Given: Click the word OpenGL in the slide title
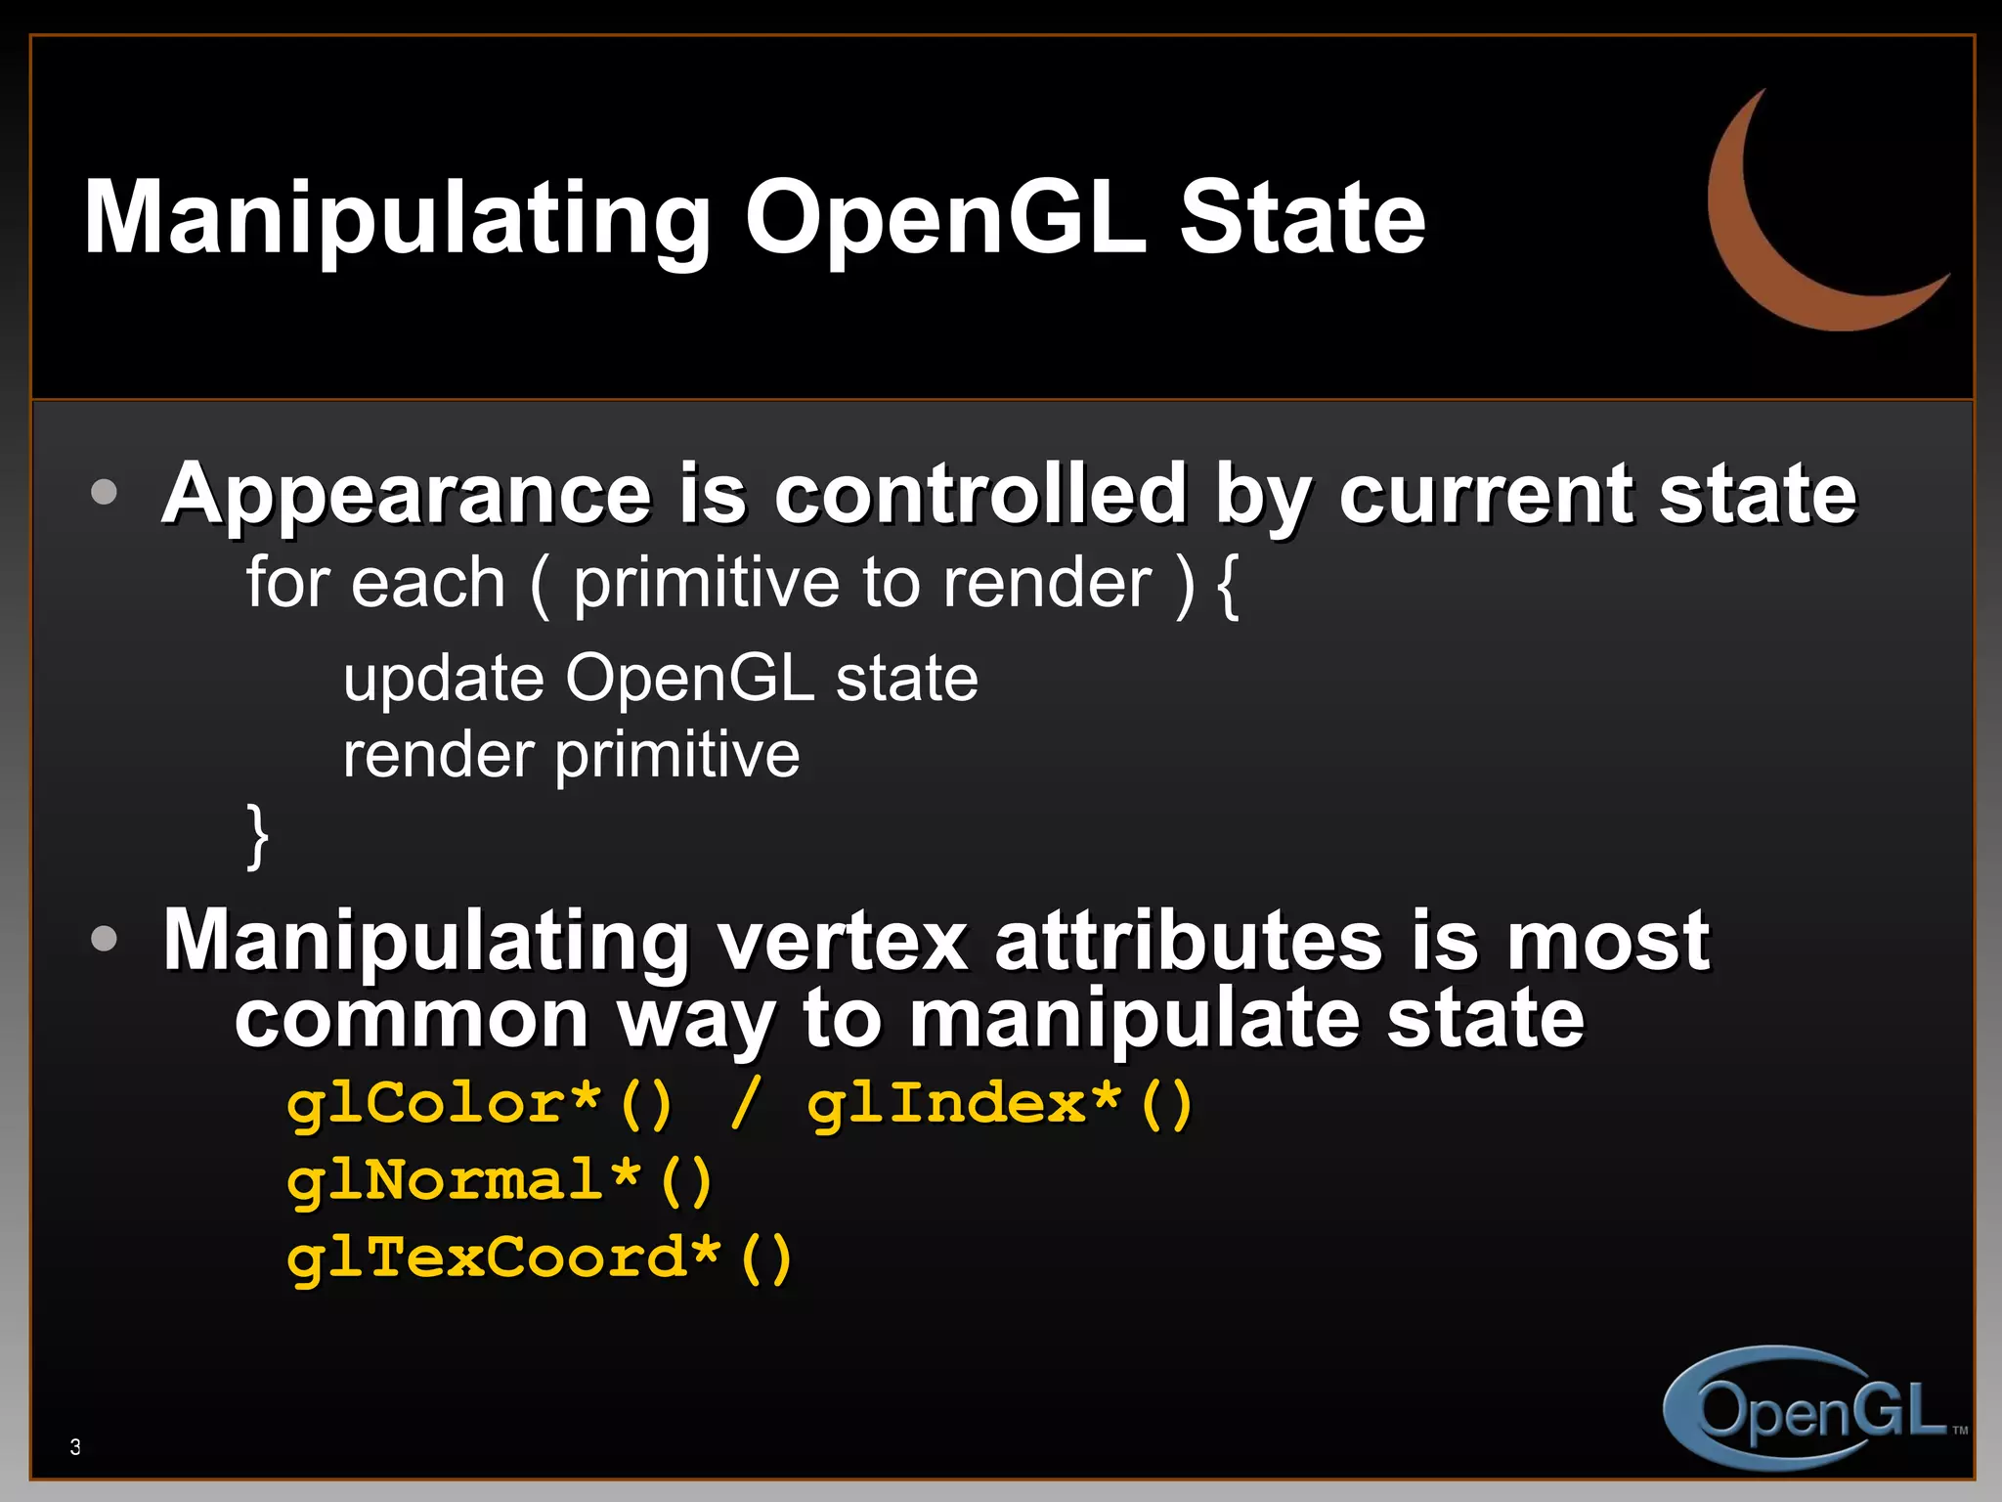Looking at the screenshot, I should (944, 219).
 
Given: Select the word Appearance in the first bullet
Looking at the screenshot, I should (407, 495).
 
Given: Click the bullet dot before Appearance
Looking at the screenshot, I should (104, 492).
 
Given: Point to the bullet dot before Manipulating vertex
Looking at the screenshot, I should (104, 939).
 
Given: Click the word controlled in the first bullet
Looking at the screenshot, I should (980, 493).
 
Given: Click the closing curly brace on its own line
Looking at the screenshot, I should (257, 836).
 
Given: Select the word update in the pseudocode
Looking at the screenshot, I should (443, 679).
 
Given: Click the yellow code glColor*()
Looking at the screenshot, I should (480, 1105).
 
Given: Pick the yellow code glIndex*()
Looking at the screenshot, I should (999, 1105).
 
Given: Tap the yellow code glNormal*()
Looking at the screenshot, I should (500, 1181).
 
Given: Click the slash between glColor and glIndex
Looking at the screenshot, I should (744, 1105).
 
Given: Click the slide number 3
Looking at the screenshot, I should (75, 1447).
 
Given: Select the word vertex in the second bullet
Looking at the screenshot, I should (843, 941).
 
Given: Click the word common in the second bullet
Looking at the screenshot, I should (412, 1019).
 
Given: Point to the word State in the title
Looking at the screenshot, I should (1302, 219).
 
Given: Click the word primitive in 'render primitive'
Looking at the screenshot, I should (677, 756).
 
